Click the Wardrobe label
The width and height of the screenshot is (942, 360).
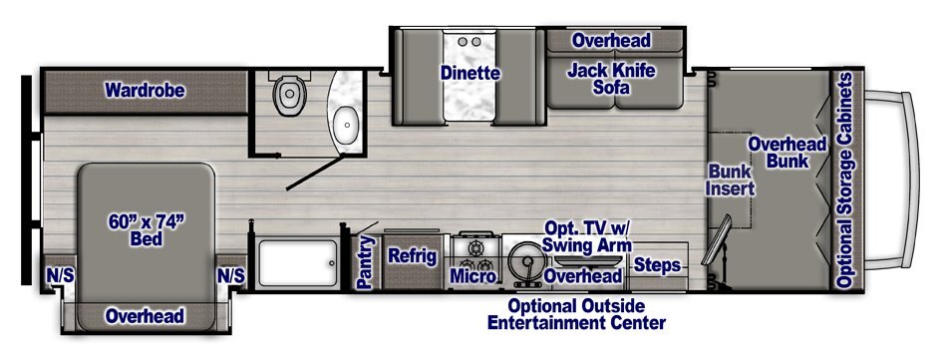click(145, 90)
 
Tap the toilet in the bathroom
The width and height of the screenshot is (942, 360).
click(289, 93)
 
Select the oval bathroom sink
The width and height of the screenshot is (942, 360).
click(346, 125)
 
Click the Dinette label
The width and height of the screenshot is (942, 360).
click(470, 74)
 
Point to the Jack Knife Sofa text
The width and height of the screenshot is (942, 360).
click(611, 80)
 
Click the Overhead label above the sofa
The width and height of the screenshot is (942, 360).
click(611, 40)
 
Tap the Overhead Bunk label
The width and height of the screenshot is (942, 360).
click(787, 152)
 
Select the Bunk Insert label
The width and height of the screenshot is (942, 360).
click(730, 180)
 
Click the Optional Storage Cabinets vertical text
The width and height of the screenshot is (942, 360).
click(845, 180)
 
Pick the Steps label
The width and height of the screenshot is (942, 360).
click(657, 265)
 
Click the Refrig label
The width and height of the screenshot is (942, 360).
click(412, 256)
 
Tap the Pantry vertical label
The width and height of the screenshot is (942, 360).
click(365, 262)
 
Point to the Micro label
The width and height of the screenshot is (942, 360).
click(474, 276)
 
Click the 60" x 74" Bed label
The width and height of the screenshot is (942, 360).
click(146, 230)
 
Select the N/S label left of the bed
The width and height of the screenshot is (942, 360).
click(61, 276)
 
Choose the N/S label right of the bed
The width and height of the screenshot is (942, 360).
click(231, 276)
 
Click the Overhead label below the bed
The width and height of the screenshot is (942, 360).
click(145, 316)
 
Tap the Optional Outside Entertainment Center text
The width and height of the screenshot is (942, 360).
click(576, 314)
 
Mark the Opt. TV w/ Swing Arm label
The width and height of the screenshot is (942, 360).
click(587, 236)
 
